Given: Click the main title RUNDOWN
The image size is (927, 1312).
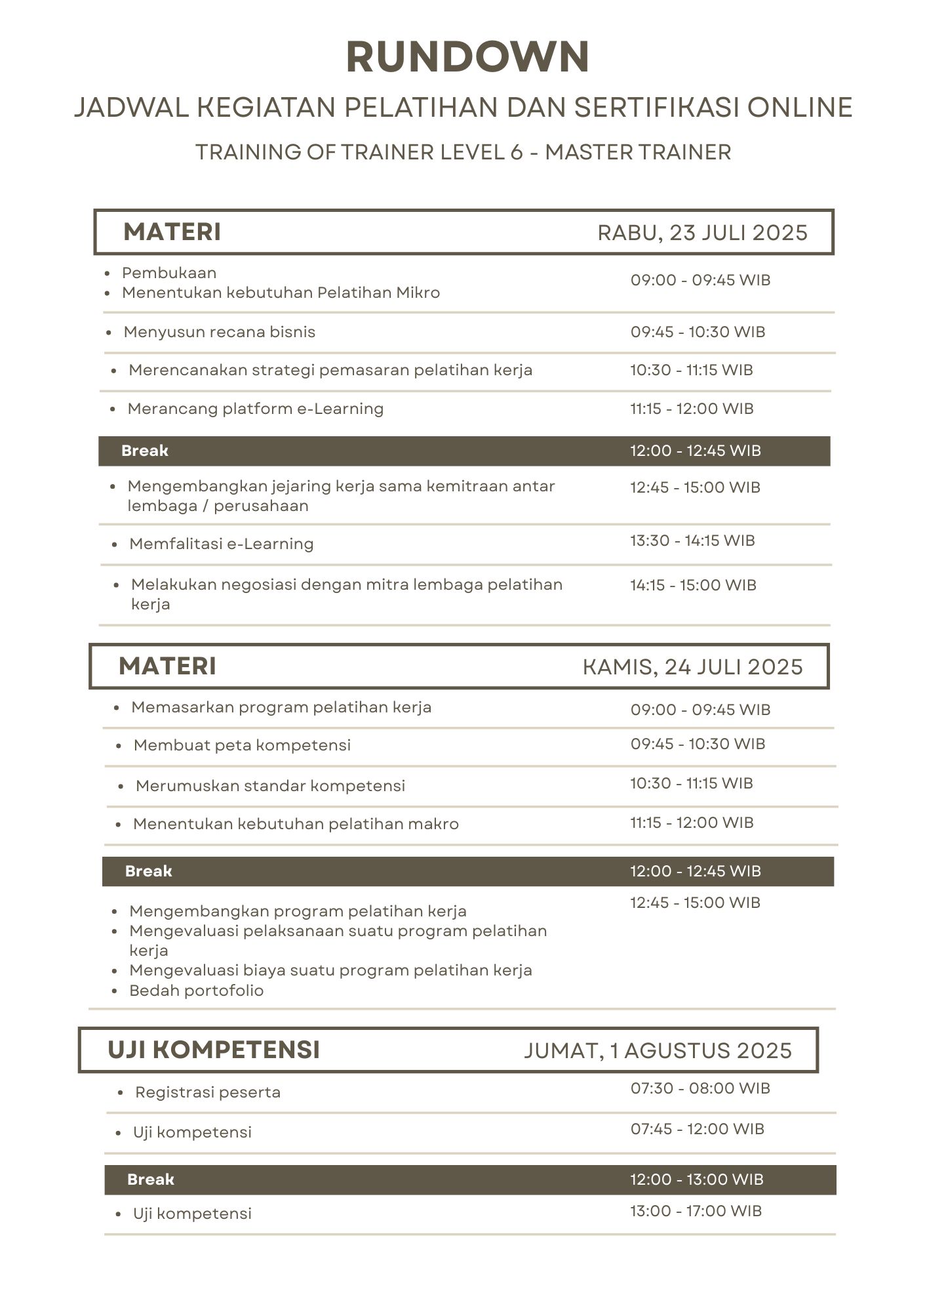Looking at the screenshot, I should (467, 57).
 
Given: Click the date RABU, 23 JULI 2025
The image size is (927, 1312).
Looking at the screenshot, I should (702, 233).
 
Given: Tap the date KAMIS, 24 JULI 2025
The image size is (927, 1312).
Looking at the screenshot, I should (692, 667).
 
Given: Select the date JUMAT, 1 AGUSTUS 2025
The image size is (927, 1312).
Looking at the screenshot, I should (658, 1051).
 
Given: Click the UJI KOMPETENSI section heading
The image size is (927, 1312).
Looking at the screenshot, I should (214, 1050).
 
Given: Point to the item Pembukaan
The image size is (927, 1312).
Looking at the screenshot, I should (169, 273).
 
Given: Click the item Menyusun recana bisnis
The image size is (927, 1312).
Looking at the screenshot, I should (220, 332).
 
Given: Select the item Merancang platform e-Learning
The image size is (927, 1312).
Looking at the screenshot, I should (256, 409).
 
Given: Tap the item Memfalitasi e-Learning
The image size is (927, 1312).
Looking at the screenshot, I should (222, 544).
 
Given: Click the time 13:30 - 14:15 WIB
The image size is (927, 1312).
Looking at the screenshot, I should (692, 541).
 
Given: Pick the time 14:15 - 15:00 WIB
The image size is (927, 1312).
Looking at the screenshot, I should (693, 585).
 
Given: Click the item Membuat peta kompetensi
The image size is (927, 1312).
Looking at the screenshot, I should (242, 745).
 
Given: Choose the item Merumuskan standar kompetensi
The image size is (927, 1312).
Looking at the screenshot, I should (270, 786).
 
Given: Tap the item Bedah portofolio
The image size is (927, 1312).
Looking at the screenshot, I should (197, 991).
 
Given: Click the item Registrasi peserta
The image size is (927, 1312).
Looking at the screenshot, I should (208, 1092).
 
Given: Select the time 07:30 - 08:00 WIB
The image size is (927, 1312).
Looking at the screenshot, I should (700, 1088).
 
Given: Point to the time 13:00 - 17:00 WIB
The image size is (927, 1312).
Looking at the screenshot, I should (696, 1211).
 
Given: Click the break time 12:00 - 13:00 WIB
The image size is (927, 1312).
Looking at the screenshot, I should (697, 1179).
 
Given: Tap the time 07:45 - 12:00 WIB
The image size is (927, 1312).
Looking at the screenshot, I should (698, 1129).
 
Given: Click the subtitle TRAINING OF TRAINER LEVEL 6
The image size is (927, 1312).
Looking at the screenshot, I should (359, 152).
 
